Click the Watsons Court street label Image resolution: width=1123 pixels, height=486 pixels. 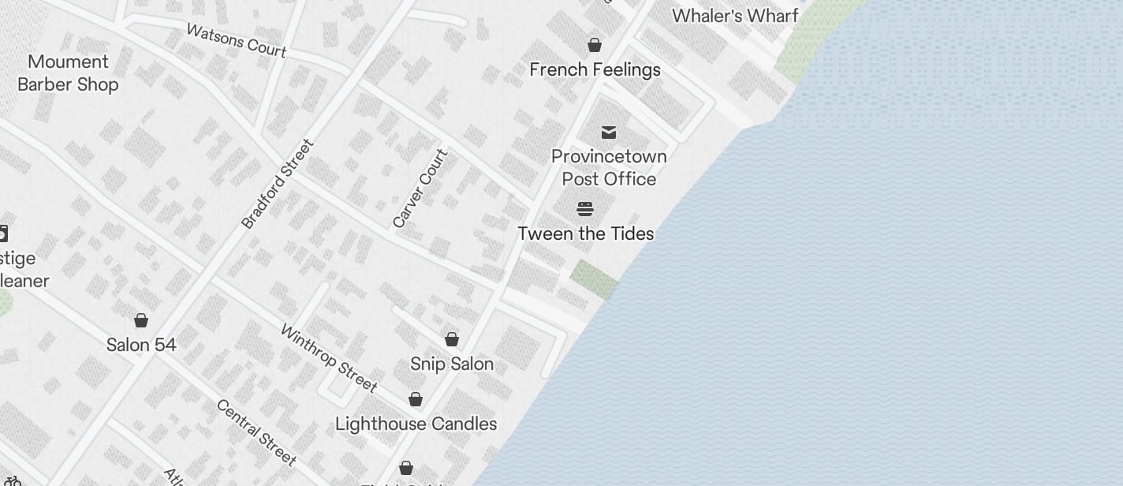tap(236, 39)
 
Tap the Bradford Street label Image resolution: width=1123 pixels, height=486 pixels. tap(278, 185)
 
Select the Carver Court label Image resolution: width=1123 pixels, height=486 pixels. tap(420, 189)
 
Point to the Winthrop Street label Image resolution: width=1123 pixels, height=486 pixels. tap(329, 358)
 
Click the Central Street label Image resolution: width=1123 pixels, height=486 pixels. tap(256, 432)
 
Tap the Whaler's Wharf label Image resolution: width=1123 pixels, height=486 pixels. tap(735, 16)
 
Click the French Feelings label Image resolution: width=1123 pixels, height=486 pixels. tap(595, 69)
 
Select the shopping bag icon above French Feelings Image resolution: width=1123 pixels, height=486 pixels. tap(595, 45)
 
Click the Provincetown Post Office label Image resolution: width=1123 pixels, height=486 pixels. tap(609, 167)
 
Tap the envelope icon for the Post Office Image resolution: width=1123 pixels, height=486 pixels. tap(609, 132)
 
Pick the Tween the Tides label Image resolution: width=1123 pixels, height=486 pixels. tap(586, 234)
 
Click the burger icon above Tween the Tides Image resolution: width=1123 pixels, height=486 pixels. tap(585, 209)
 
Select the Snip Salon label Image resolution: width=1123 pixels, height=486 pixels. tap(452, 364)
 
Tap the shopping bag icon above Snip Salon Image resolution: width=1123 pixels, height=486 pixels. tap(452, 339)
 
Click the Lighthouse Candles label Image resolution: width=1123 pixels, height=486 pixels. tap(416, 424)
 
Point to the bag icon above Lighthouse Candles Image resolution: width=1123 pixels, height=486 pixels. tap(416, 399)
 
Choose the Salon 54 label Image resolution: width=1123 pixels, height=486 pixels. tap(141, 345)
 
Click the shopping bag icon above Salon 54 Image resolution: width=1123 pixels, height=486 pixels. tap(141, 320)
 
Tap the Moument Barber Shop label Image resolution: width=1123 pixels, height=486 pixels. tap(68, 73)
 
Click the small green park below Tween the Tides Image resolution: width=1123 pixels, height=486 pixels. tap(594, 279)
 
